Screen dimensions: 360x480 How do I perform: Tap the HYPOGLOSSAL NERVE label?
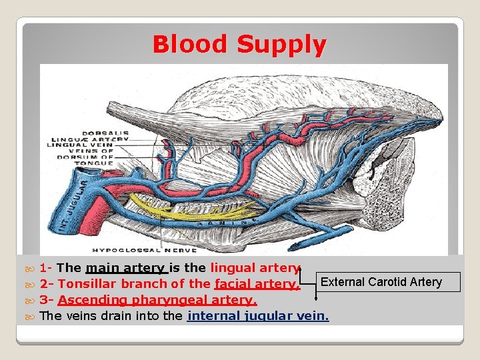click(144, 250)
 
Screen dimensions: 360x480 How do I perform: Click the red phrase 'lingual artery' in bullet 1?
click(255, 268)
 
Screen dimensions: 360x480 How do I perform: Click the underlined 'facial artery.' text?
click(257, 284)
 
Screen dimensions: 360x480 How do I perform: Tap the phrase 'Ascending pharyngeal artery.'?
click(157, 299)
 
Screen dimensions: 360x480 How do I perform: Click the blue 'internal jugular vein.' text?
click(259, 315)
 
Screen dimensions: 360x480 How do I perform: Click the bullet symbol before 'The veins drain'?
click(29, 316)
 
